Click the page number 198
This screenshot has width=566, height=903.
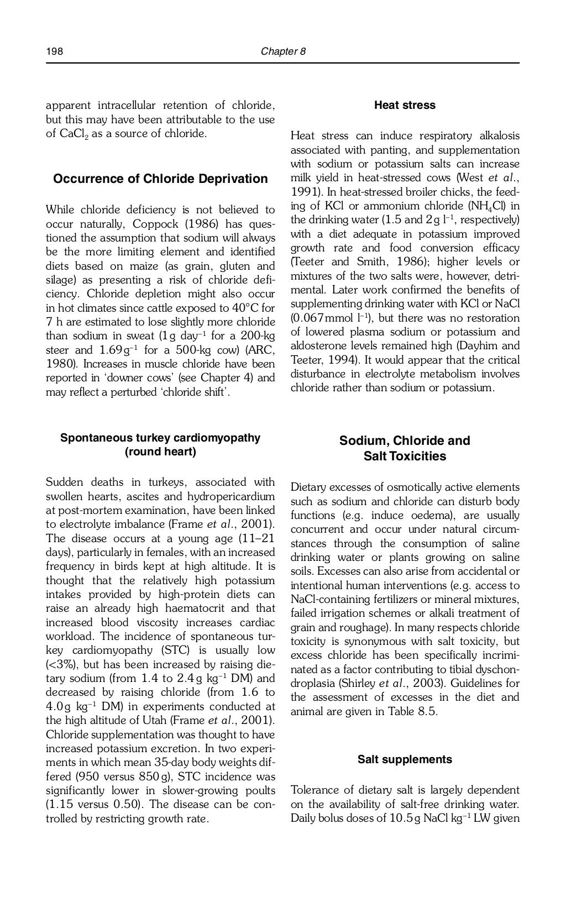[x=54, y=52]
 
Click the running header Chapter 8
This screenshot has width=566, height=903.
[x=283, y=52]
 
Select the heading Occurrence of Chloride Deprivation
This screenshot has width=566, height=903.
[x=160, y=179]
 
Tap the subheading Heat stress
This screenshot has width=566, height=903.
[x=405, y=106]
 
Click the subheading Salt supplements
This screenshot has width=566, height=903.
[x=405, y=760]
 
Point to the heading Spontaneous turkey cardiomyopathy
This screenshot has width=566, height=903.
[x=160, y=438]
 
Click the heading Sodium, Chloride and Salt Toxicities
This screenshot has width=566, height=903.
[x=405, y=449]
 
